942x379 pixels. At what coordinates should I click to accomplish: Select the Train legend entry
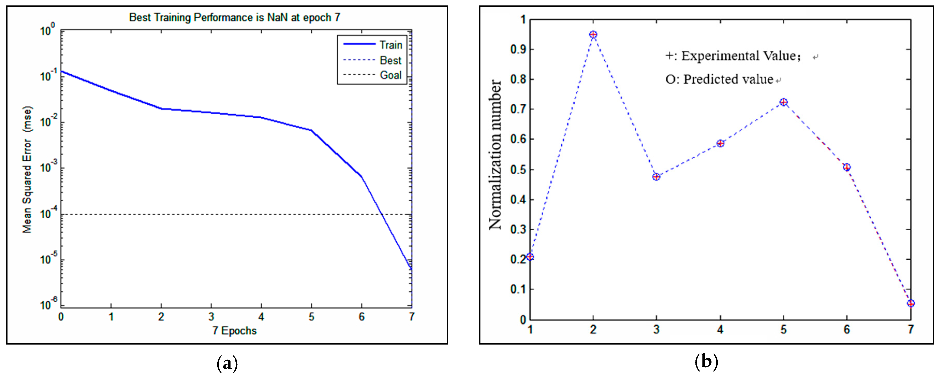click(391, 45)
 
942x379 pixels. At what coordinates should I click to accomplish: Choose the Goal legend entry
click(391, 75)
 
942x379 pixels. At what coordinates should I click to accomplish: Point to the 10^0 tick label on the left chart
click(48, 30)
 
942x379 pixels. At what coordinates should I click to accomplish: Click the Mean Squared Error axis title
click(27, 169)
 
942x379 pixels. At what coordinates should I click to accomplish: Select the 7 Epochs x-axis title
click(234, 331)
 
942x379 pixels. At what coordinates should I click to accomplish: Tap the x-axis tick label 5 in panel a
click(311, 317)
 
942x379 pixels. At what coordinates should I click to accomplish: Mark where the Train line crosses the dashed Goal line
click(381, 214)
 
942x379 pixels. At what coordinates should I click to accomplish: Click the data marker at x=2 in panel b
click(593, 35)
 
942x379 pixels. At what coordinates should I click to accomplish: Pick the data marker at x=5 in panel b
click(783, 102)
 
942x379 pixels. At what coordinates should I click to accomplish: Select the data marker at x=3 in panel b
click(656, 177)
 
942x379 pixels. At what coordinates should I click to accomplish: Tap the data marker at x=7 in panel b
click(910, 303)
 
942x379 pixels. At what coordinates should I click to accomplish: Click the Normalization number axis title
click(495, 155)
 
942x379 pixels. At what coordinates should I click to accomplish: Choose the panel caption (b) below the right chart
click(706, 362)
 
